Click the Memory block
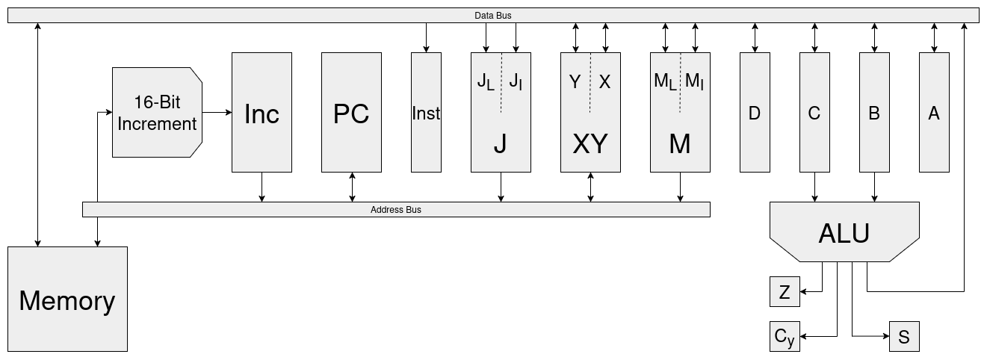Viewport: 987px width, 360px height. click(x=67, y=299)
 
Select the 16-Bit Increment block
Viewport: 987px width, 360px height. click(x=157, y=112)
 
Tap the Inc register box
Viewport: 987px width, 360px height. click(x=262, y=112)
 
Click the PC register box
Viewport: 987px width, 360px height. click(x=351, y=112)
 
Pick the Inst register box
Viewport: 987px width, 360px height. click(x=426, y=112)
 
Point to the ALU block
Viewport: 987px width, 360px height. click(x=844, y=232)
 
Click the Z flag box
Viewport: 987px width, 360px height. click(x=785, y=291)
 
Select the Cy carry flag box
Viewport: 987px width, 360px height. click(x=785, y=337)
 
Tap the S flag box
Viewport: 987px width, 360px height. click(x=904, y=337)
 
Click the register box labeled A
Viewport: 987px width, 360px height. click(x=934, y=112)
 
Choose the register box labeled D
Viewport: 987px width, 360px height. click(x=755, y=112)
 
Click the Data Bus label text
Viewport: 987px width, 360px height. click(x=493, y=15)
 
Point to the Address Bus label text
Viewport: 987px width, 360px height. click(x=396, y=210)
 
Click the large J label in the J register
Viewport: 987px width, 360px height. click(x=501, y=144)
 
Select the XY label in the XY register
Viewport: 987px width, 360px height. click(x=590, y=144)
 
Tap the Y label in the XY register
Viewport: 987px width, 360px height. click(x=575, y=82)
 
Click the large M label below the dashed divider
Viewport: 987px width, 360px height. click(x=680, y=144)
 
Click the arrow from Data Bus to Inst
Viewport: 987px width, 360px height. click(x=426, y=37)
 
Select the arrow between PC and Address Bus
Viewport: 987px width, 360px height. click(x=352, y=187)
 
